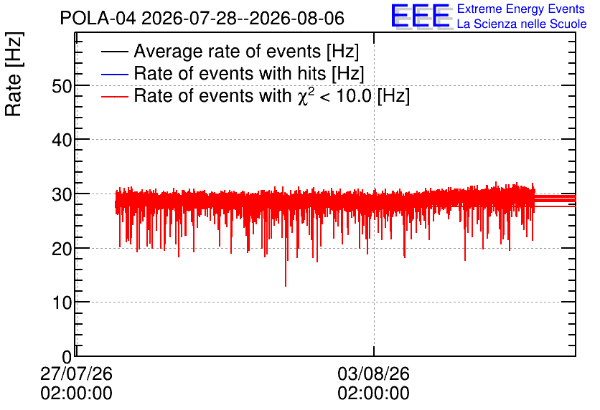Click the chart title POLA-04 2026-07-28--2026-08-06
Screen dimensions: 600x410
[202, 18]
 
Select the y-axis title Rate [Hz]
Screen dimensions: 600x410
[14, 74]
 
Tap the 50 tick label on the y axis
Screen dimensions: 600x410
[62, 86]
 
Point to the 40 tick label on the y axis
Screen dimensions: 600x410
[62, 140]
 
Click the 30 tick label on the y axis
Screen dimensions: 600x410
[62, 194]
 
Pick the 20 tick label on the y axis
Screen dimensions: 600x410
[62, 249]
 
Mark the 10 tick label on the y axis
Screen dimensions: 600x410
[62, 302]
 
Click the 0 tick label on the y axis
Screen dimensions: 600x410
[67, 357]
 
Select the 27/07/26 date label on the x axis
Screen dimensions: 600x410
[76, 373]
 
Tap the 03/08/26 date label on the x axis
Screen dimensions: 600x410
[373, 373]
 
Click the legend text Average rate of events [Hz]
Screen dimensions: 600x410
[246, 51]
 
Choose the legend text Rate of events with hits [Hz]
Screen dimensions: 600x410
[249, 73]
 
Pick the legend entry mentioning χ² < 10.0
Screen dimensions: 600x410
[272, 95]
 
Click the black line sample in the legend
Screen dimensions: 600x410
[114, 52]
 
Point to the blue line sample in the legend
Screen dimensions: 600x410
[114, 74]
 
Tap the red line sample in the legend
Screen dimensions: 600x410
[114, 96]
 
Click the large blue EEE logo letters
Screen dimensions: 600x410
[420, 16]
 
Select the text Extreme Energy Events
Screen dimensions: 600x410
[521, 9]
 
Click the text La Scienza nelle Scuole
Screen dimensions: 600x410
[522, 24]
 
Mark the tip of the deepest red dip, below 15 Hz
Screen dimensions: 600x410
[286, 286]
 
